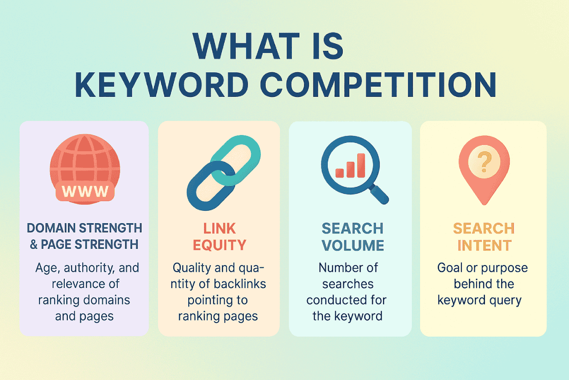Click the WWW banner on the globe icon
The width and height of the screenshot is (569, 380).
pyautogui.click(x=85, y=192)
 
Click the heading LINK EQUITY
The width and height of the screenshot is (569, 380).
pyautogui.click(x=219, y=236)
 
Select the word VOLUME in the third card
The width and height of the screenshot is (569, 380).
pyautogui.click(x=353, y=245)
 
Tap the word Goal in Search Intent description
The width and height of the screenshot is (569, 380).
pyautogui.click(x=451, y=267)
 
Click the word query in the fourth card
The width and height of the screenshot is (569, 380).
pyautogui.click(x=507, y=300)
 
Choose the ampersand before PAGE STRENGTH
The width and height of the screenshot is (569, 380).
pyautogui.click(x=34, y=245)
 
